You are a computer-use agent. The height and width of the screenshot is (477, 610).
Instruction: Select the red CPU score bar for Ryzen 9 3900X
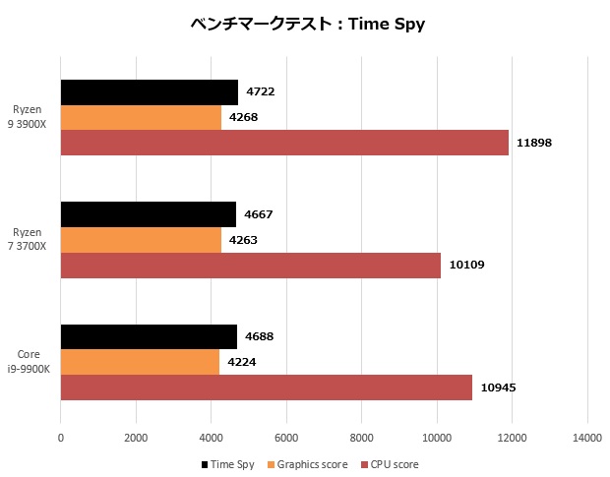click(284, 143)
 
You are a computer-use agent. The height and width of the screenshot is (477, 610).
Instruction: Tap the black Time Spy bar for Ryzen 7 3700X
click(149, 214)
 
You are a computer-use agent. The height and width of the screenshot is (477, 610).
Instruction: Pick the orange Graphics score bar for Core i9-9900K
click(140, 362)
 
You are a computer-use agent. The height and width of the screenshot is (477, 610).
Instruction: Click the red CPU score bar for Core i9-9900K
click(267, 388)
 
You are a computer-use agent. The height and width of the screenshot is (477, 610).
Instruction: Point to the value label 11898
click(534, 143)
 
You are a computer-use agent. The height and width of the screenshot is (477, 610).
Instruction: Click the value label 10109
click(466, 265)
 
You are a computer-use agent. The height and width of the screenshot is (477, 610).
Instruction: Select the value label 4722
click(260, 92)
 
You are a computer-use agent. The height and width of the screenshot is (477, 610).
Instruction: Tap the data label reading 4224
click(242, 362)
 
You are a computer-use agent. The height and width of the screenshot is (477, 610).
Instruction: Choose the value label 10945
click(498, 388)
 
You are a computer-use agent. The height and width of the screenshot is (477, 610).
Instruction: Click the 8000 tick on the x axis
click(361, 437)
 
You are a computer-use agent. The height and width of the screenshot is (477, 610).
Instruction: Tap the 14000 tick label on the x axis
click(586, 437)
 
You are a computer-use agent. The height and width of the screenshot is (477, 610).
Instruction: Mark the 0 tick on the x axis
click(61, 437)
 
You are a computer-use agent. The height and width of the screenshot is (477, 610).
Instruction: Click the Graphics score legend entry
click(311, 463)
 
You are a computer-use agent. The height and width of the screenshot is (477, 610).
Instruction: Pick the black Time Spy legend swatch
click(205, 464)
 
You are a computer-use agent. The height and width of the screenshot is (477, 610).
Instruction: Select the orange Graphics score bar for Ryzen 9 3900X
click(141, 118)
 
